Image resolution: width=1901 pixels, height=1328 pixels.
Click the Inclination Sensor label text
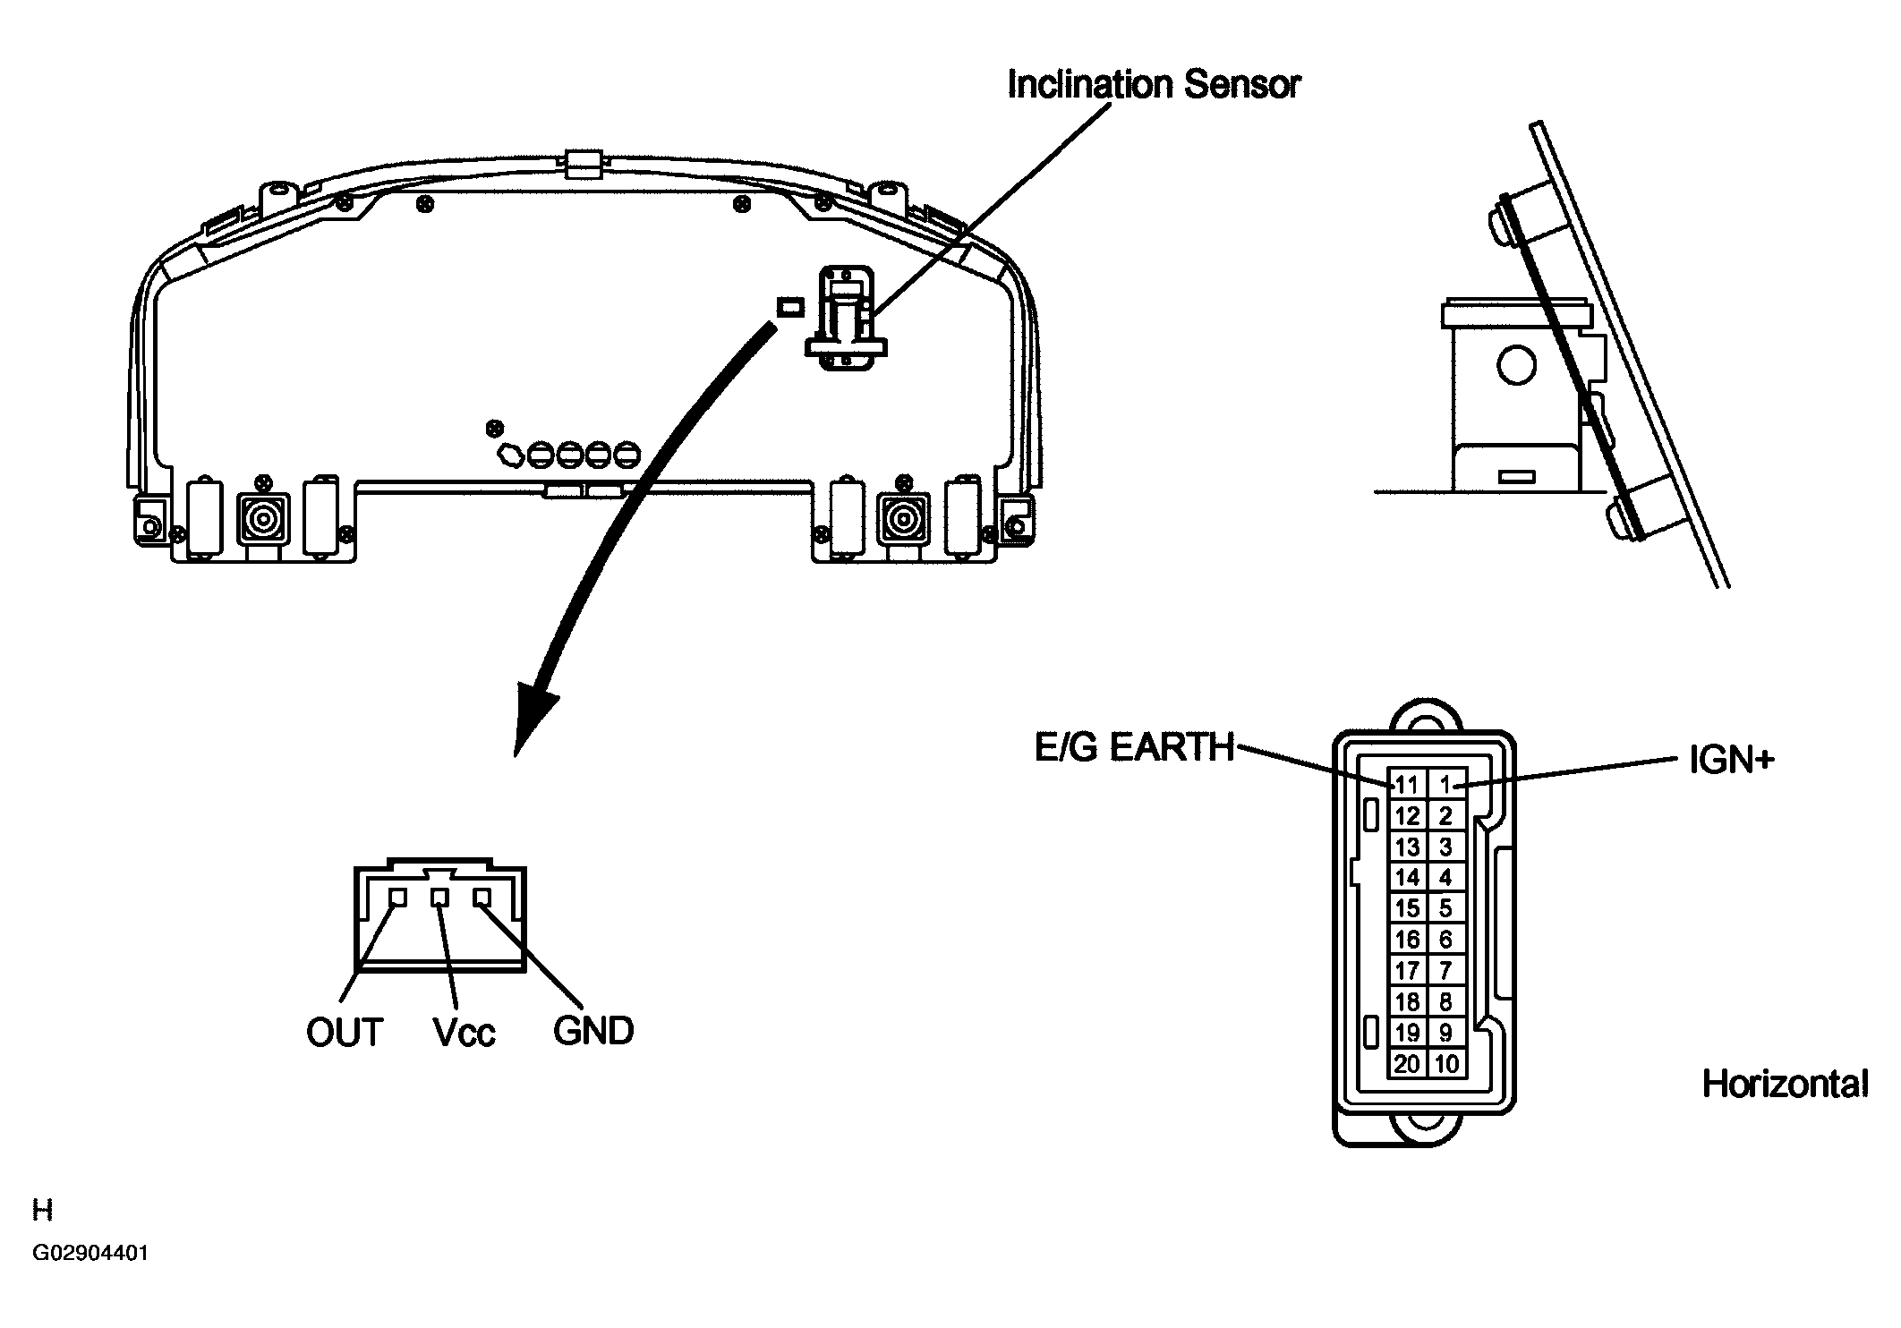point(1153,85)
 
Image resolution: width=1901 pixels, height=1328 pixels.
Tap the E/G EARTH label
point(1133,748)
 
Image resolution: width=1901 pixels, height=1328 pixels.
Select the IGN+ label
point(1731,761)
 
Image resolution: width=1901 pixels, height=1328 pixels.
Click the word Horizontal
point(1785,1085)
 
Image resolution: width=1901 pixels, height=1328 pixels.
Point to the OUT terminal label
point(345,1033)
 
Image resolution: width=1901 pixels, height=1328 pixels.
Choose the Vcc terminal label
point(464,1033)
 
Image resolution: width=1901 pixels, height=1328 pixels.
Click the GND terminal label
point(593,1031)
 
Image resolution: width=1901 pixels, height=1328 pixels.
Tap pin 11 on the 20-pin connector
point(1407,785)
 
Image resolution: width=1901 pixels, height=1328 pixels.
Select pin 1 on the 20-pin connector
point(1445,785)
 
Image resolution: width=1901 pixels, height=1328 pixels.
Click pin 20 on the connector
point(1407,1063)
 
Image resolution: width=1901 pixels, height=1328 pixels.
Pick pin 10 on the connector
point(1446,1063)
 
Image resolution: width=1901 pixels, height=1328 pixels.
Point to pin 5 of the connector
point(1445,908)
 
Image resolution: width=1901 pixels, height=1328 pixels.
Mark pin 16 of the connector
point(1407,940)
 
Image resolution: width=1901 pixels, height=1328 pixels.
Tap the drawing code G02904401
point(90,1253)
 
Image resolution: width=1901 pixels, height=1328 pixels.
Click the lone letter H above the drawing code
point(42,1211)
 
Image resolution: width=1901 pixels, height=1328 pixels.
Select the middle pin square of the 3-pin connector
point(439,897)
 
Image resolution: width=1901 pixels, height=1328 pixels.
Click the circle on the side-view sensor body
point(1516,365)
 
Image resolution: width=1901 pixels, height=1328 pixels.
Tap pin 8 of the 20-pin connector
point(1445,1001)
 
